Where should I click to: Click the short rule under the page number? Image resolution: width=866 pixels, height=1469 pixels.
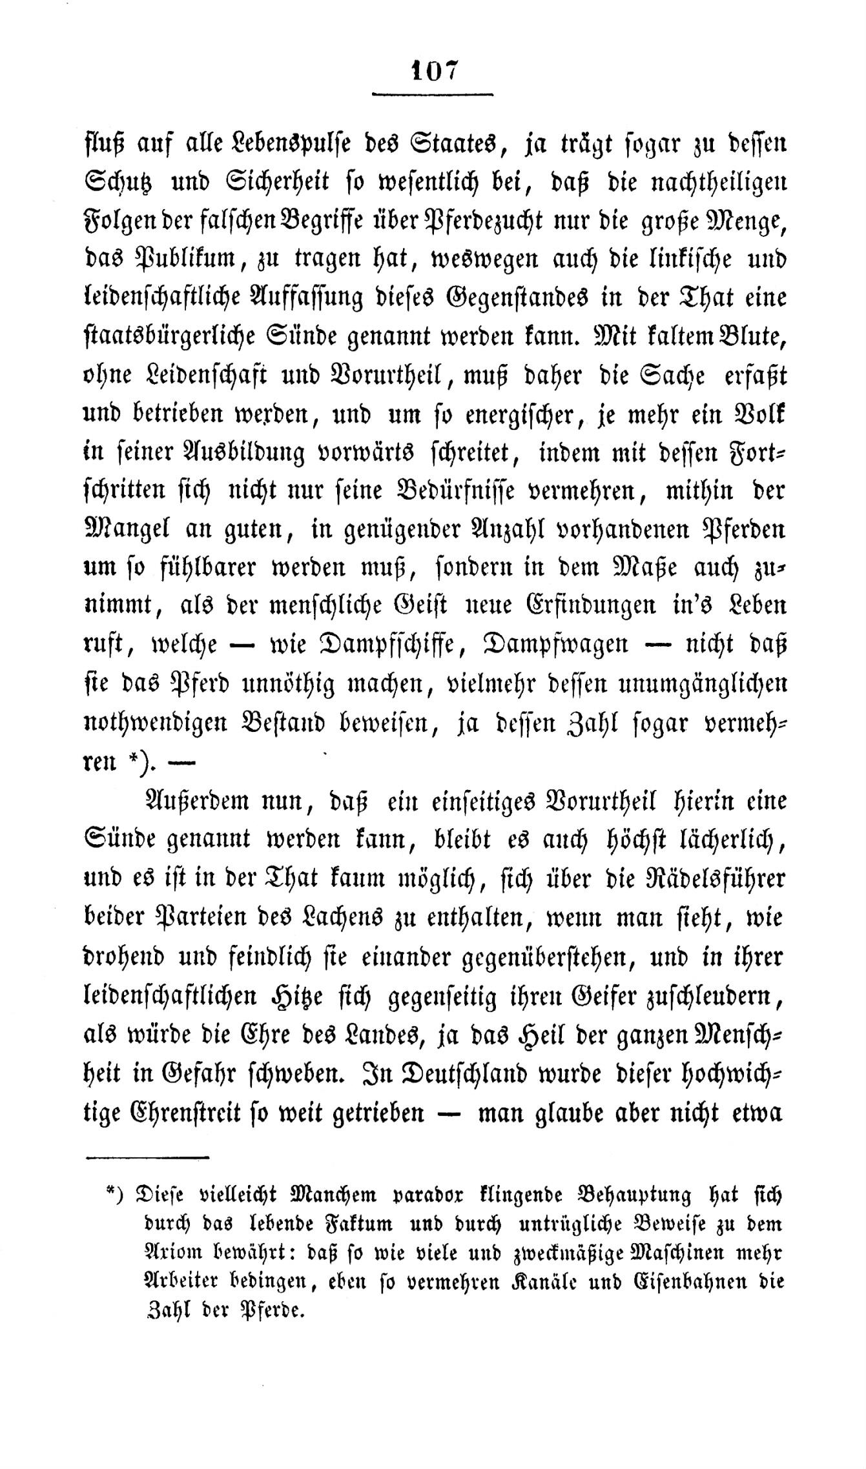[432, 95]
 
